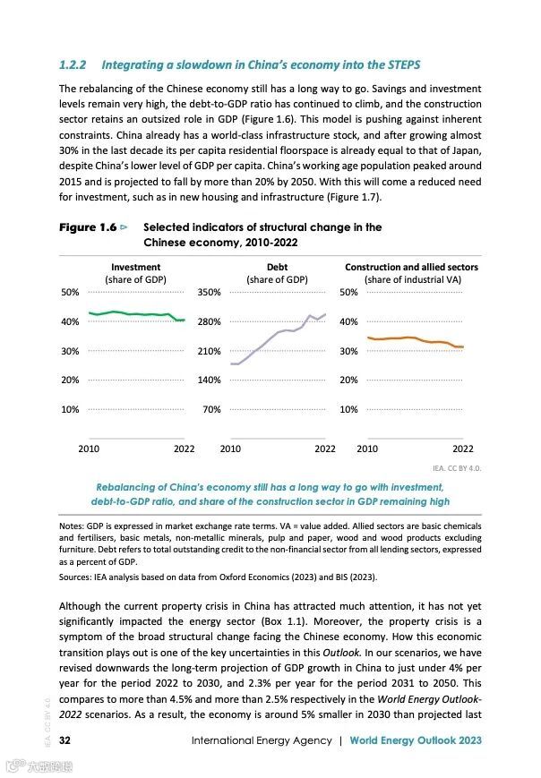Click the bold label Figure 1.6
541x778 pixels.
click(x=88, y=227)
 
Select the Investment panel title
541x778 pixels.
click(x=136, y=267)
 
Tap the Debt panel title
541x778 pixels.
click(x=277, y=267)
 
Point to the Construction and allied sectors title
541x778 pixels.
click(x=411, y=267)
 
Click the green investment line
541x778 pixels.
click(x=134, y=314)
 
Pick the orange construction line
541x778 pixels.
click(x=412, y=339)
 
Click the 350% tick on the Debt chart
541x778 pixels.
click(x=209, y=292)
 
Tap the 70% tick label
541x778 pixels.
click(x=211, y=409)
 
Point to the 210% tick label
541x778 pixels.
click(x=209, y=351)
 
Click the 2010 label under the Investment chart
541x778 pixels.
click(x=89, y=449)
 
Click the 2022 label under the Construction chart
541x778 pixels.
click(x=462, y=449)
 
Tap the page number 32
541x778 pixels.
click(x=65, y=740)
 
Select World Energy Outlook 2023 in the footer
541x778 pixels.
click(x=416, y=740)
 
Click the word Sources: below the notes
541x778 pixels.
click(x=77, y=578)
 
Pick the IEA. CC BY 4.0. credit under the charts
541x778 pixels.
click(x=457, y=467)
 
